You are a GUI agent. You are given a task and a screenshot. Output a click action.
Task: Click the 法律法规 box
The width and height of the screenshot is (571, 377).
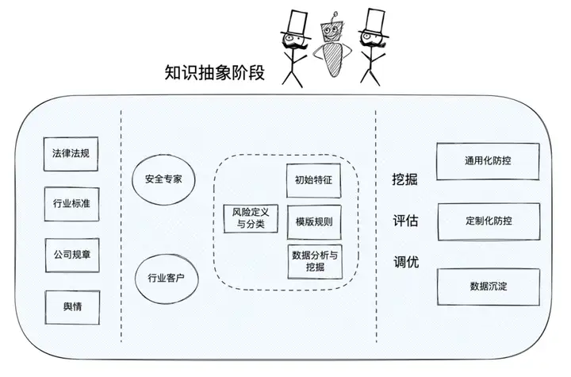point(71,155)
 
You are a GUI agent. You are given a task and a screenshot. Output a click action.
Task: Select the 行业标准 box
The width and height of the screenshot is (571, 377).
point(71,204)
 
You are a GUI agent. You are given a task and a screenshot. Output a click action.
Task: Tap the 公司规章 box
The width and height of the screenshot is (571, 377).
point(71,256)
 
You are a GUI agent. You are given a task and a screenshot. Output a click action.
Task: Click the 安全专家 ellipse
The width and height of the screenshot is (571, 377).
point(163,179)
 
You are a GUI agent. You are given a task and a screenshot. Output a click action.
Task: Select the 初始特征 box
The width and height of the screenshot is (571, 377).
point(313,180)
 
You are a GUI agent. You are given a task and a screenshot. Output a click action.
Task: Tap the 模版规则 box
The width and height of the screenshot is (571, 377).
point(313,221)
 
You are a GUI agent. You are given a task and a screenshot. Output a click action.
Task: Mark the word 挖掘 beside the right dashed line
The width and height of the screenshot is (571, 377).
point(405,179)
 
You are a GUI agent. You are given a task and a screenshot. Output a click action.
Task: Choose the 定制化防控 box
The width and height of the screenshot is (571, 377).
point(489,221)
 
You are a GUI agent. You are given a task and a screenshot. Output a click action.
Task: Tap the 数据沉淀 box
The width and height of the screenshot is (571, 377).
point(489,287)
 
